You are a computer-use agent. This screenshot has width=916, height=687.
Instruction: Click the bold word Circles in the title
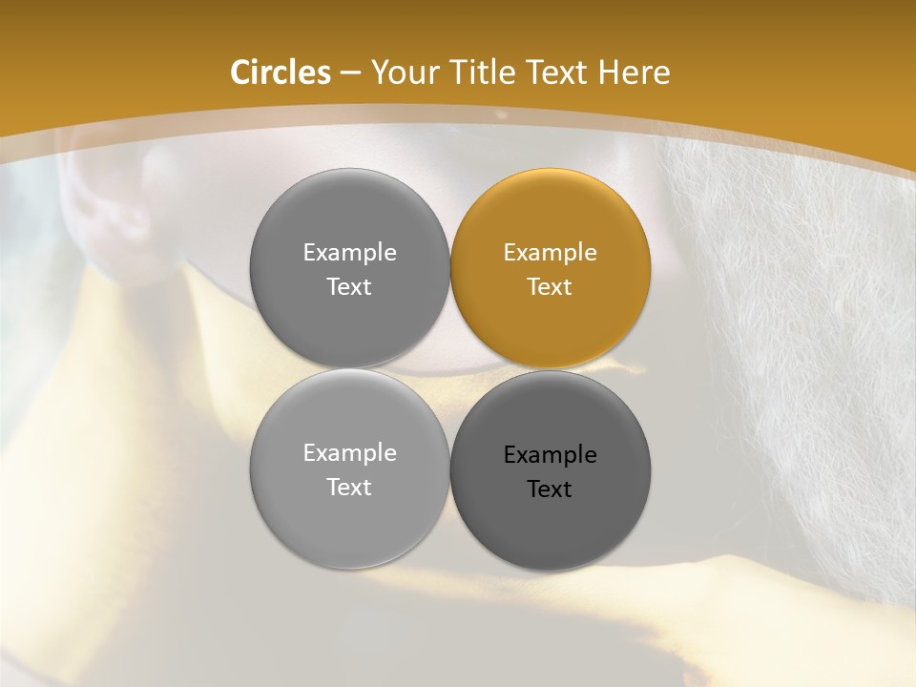pos(281,73)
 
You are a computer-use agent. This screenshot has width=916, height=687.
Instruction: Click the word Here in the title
pos(638,73)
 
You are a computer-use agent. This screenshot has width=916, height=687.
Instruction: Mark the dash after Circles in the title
pos(350,73)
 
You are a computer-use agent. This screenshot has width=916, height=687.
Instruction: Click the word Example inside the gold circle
pos(550,252)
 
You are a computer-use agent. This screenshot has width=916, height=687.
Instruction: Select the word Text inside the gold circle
pos(550,286)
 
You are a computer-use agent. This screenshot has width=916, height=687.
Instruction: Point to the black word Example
pos(550,454)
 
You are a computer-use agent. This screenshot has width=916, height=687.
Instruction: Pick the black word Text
pos(550,489)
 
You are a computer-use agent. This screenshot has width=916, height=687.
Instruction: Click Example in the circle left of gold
pos(349,252)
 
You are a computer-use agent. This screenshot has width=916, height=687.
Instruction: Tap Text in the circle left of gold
pos(349,286)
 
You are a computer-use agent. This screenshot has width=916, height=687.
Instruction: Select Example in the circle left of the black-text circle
pos(349,452)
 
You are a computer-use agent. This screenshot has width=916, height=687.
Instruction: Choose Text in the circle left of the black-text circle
pos(349,487)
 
